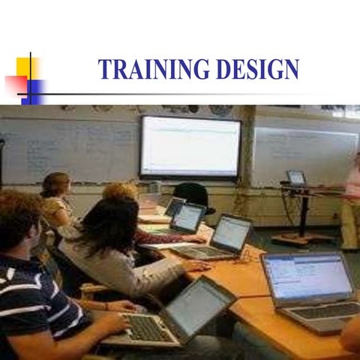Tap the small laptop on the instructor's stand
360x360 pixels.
click(296, 178)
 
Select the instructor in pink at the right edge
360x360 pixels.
click(351, 202)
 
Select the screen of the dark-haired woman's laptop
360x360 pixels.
click(232, 233)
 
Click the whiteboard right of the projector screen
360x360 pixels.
click(304, 154)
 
